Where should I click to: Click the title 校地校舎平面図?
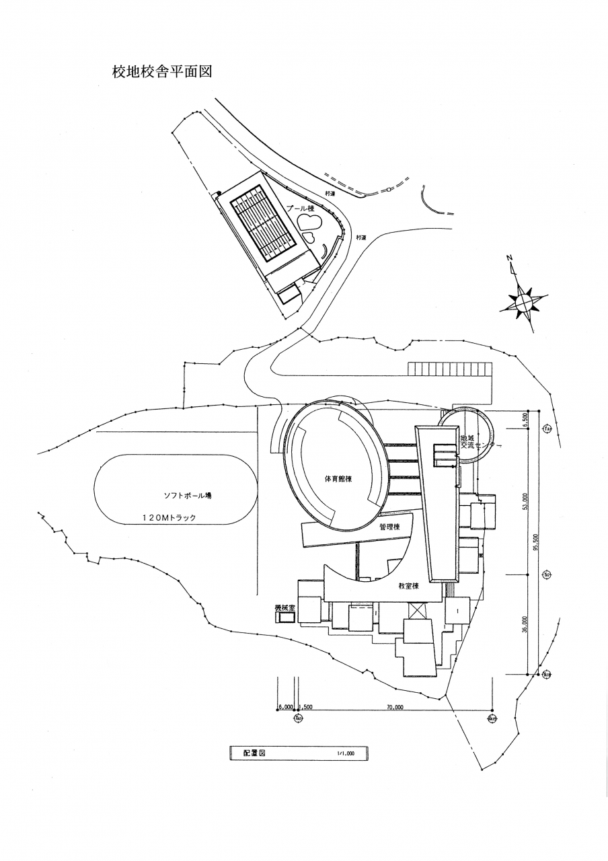click(x=162, y=72)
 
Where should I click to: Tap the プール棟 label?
click(x=301, y=209)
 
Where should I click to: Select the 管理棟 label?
click(x=389, y=527)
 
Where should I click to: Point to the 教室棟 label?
click(x=408, y=586)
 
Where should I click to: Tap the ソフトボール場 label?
click(x=188, y=496)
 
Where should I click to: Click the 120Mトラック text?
click(x=169, y=517)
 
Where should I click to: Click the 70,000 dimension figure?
click(x=395, y=707)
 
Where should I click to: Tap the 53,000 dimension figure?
click(x=525, y=502)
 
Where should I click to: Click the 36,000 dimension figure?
click(x=525, y=625)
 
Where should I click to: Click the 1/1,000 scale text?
click(x=346, y=753)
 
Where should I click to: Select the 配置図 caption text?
click(x=254, y=753)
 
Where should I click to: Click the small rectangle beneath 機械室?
click(x=284, y=617)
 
